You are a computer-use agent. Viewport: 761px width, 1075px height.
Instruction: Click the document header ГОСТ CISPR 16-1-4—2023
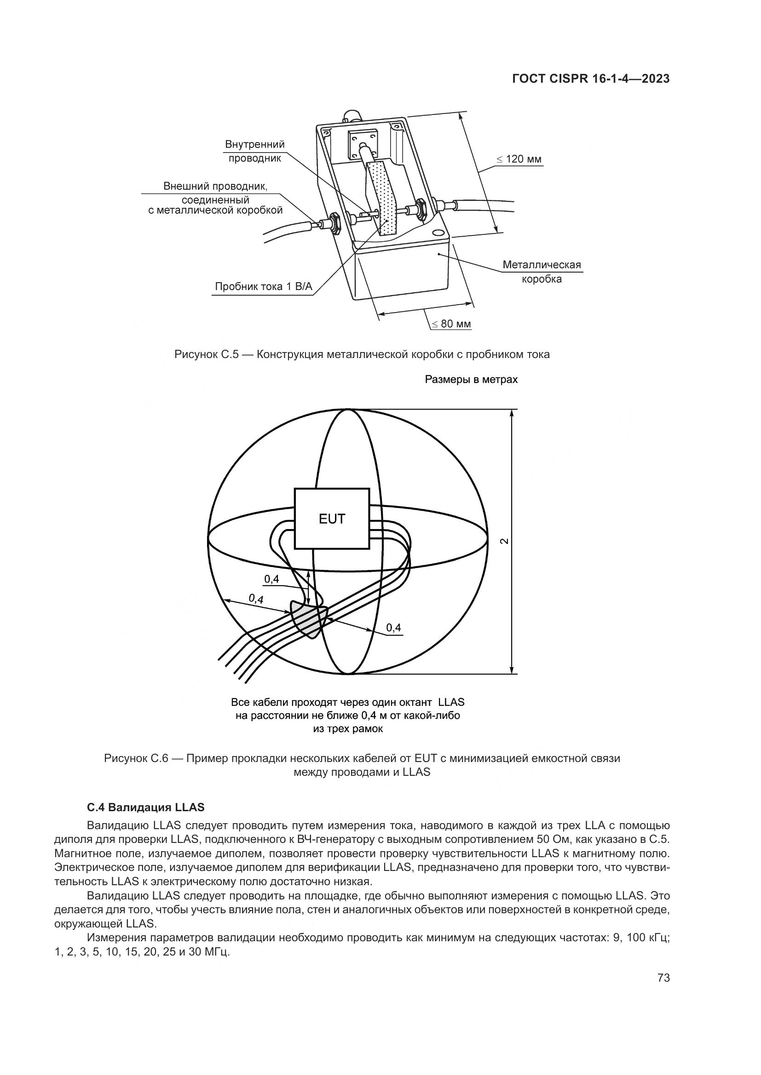[590, 79]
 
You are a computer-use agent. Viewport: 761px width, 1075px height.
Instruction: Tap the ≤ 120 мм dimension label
[519, 159]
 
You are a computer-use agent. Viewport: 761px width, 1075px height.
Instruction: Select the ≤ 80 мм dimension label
[451, 324]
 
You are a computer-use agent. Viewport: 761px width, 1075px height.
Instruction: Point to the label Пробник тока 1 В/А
[263, 286]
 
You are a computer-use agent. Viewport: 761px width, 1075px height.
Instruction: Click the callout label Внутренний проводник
[254, 151]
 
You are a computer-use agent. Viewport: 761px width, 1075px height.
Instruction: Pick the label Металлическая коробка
[542, 272]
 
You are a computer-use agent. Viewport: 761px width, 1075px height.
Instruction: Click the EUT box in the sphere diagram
[332, 518]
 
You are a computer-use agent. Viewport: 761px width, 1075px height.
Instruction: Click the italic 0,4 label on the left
[256, 598]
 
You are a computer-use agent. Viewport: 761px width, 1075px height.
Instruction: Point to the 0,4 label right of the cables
[394, 627]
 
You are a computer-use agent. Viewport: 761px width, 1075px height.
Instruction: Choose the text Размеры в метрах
[471, 380]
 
